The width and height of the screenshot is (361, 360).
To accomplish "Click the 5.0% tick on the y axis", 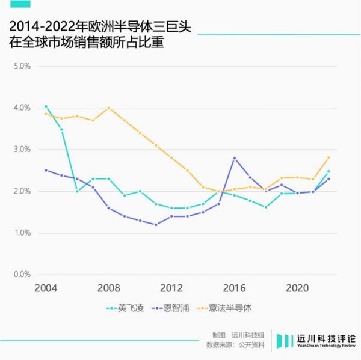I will [22, 66].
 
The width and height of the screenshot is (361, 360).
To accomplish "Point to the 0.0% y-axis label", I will [22, 275].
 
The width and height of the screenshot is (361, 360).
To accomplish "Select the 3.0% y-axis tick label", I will [22, 149].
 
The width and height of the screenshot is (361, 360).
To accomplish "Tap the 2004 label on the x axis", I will [46, 287].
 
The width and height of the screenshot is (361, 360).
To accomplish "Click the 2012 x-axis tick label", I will [171, 287].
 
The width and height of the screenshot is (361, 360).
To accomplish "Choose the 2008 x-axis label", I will [108, 287].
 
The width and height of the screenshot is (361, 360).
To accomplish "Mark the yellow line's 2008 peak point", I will [108, 108].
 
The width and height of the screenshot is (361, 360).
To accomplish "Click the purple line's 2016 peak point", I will [234, 158].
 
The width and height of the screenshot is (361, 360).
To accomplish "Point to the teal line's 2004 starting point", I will [46, 106].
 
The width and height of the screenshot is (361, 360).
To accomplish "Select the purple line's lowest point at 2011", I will [156, 225].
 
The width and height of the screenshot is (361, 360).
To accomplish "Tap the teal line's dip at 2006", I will [77, 191].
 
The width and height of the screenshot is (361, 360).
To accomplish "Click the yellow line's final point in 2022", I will [329, 157].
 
